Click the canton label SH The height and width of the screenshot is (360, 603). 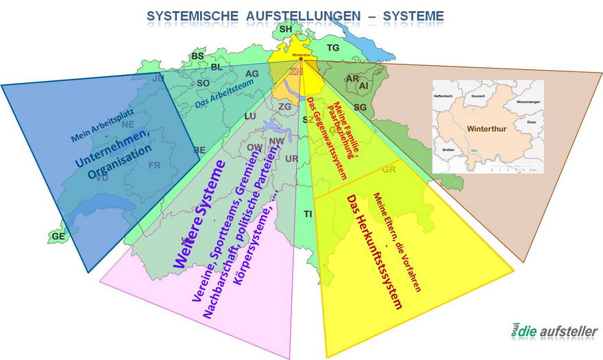[x=286, y=29]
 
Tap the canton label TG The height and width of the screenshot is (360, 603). [x=333, y=48]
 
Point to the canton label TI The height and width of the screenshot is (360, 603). [x=308, y=215]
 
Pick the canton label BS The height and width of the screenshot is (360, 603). [x=198, y=56]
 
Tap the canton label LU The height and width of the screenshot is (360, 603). [x=250, y=117]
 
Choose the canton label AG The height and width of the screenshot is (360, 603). [x=251, y=74]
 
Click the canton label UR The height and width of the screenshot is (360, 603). [x=292, y=159]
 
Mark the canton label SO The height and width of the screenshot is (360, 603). [x=203, y=83]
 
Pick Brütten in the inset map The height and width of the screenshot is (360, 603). [x=449, y=149]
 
